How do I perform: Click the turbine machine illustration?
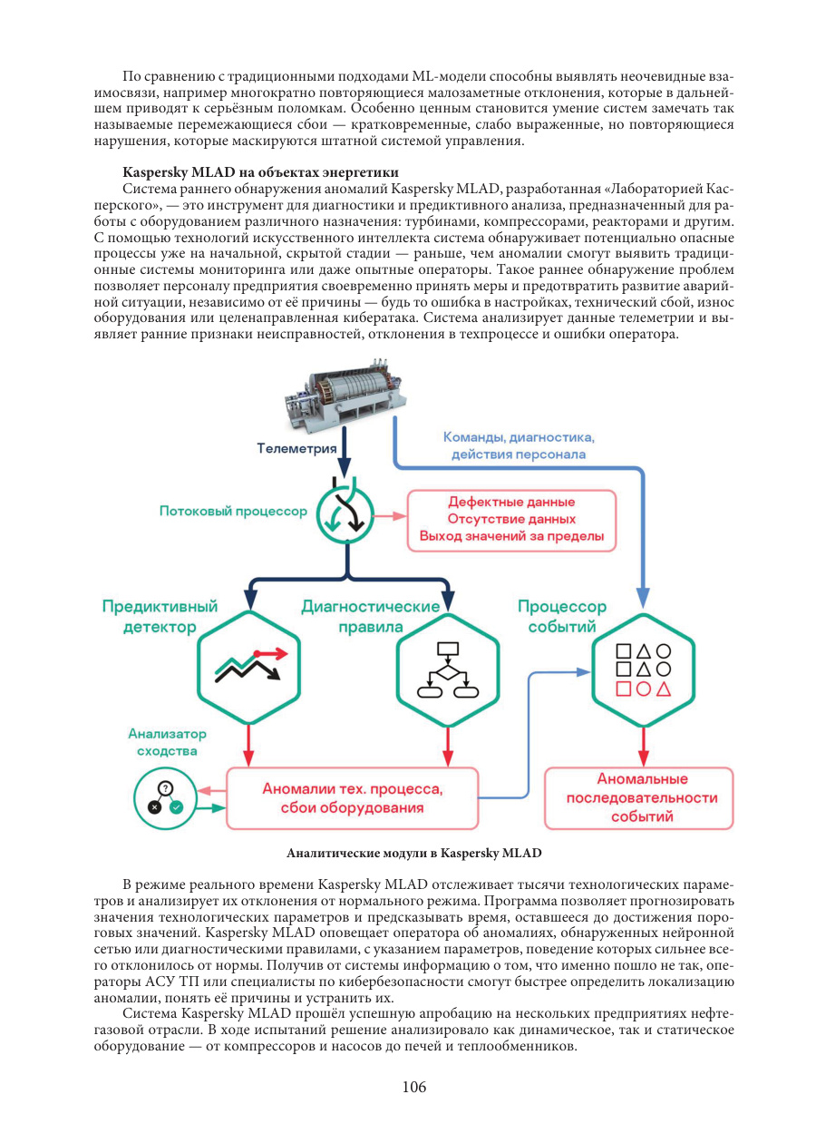pyautogui.click(x=345, y=393)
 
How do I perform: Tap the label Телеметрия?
pyautogui.click(x=296, y=448)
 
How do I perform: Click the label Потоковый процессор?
pyautogui.click(x=233, y=512)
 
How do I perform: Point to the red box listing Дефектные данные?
pyautogui.click(x=511, y=521)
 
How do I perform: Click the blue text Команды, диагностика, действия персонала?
pyautogui.click(x=519, y=445)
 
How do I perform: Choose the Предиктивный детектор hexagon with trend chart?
pyautogui.click(x=248, y=668)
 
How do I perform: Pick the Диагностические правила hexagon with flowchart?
pyautogui.click(x=448, y=669)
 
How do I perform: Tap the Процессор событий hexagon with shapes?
pyautogui.click(x=643, y=669)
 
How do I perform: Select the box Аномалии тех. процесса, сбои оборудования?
pyautogui.click(x=352, y=798)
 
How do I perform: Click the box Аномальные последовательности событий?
pyautogui.click(x=638, y=798)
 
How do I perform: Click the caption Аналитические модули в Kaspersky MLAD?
pyautogui.click(x=413, y=853)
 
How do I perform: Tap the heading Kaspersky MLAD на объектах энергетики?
pyautogui.click(x=260, y=172)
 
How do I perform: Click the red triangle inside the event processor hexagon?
pyautogui.click(x=663, y=689)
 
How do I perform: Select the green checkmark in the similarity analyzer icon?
pyautogui.click(x=177, y=807)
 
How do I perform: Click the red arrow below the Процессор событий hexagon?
pyautogui.click(x=643, y=747)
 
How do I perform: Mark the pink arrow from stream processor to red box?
pyautogui.click(x=391, y=516)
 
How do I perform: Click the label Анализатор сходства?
pyautogui.click(x=167, y=742)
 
